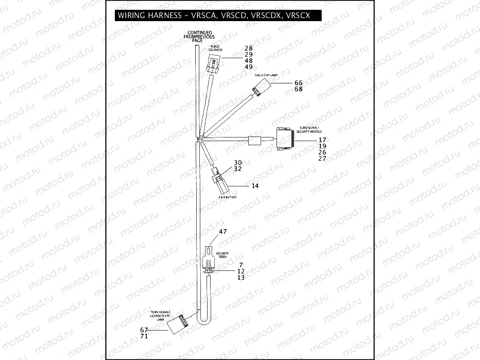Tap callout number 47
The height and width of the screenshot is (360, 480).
223,232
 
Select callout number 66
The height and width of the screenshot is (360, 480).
298,83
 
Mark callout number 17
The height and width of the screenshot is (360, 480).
322,140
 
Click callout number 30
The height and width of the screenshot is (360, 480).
237,162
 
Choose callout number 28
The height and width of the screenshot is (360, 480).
249,48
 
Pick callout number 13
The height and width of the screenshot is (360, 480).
240,277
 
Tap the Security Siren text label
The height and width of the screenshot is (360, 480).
222,255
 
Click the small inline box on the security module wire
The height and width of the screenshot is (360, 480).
254,141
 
